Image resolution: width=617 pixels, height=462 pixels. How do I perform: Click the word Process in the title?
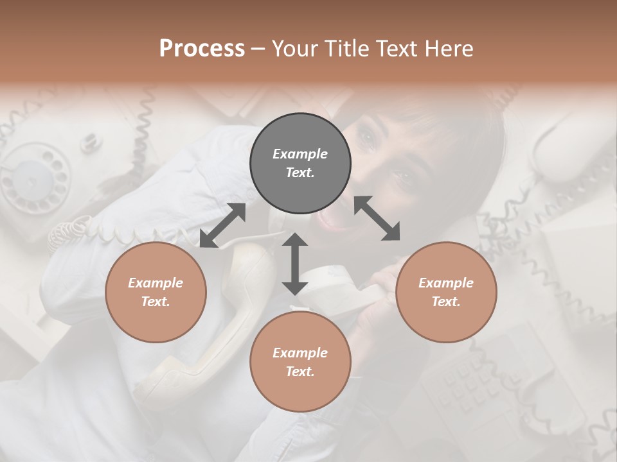click(202, 49)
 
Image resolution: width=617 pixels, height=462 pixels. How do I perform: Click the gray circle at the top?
click(300, 163)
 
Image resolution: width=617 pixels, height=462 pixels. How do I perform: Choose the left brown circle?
click(156, 292)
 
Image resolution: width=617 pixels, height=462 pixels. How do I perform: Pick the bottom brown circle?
click(300, 362)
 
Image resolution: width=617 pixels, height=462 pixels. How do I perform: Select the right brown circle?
click(446, 292)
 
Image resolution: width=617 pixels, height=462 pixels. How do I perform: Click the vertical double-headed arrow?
click(294, 264)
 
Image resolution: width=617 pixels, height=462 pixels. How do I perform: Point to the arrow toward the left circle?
click(222, 225)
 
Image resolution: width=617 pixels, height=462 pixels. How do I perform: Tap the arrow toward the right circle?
click(377, 218)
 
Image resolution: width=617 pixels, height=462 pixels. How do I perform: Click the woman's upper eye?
click(367, 137)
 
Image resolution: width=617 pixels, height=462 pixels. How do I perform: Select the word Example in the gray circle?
click(300, 154)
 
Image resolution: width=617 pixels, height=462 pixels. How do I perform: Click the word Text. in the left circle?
click(156, 302)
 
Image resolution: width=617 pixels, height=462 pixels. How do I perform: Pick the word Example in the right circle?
click(446, 283)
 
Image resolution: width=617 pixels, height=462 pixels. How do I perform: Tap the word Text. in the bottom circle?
click(300, 372)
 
